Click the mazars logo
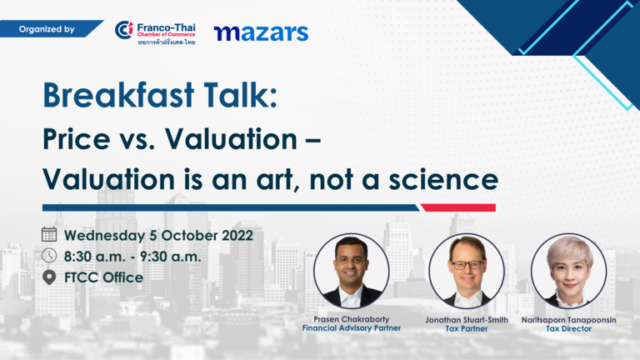261,33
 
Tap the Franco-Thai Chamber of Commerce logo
155,32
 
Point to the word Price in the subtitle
77,139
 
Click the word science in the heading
443,180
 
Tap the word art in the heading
279,180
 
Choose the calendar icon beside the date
49,234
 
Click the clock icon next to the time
49,256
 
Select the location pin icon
49,277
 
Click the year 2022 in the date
237,236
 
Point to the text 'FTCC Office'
103,277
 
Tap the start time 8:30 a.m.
94,257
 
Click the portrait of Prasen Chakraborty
351,271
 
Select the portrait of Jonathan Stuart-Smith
467,271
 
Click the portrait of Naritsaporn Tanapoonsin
568,271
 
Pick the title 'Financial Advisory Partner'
352,328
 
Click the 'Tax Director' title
568,328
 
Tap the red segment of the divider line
458,207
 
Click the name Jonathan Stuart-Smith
467,320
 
